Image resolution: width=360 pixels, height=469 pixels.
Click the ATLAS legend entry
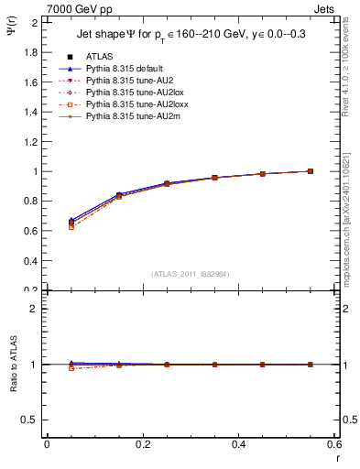point(99,57)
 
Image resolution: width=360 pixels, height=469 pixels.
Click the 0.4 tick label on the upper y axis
point(31,261)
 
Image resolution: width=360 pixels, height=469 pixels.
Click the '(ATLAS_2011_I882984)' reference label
point(189,273)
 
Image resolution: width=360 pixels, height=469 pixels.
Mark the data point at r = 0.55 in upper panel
point(310,171)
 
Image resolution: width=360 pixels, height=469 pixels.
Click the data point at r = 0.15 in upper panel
point(119,196)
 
